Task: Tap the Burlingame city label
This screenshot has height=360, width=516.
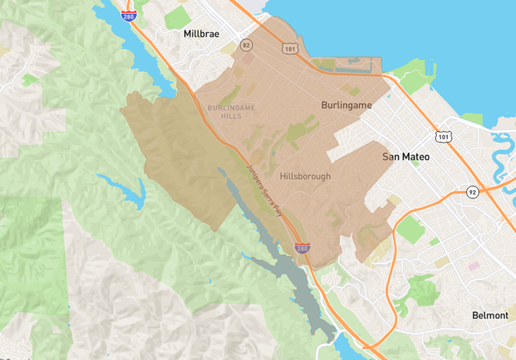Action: [346, 105]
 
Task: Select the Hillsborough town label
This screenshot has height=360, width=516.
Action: [305, 176]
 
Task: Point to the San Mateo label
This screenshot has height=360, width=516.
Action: [406, 157]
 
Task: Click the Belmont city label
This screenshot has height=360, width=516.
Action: [490, 315]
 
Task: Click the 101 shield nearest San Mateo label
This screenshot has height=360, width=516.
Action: [442, 137]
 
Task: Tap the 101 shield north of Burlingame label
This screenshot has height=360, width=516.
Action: [289, 49]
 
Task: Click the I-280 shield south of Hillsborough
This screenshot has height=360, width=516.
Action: [302, 249]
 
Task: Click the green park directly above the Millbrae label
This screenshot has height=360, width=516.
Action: [178, 17]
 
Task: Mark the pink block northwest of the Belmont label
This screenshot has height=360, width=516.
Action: [473, 266]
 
